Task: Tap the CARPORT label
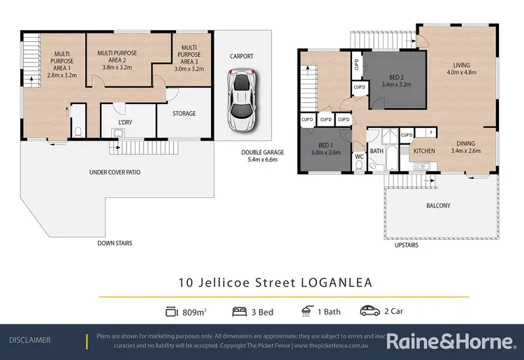[x=241, y=57]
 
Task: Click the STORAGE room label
[x=184, y=113]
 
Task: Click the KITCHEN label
[x=424, y=151]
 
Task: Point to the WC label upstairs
[x=358, y=157]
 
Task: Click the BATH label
[x=377, y=151]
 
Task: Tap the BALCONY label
[x=439, y=206]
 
